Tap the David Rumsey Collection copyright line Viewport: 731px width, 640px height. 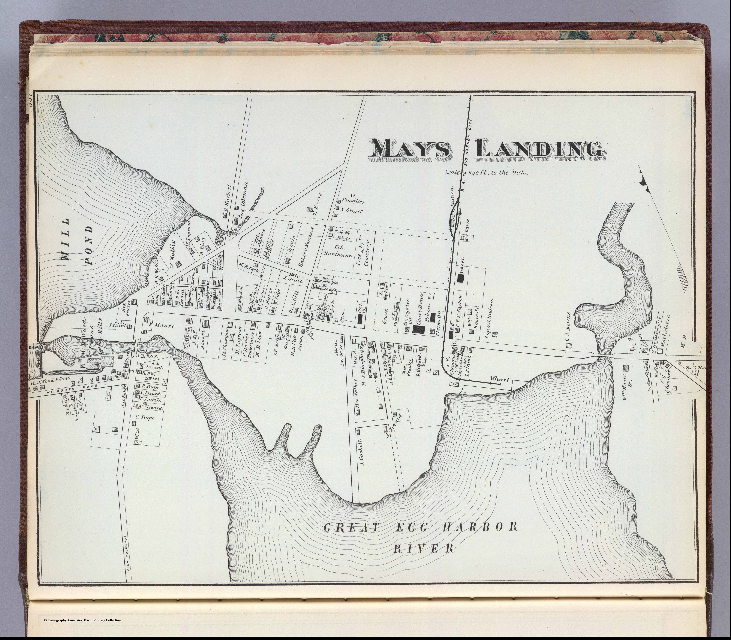click(82, 620)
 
